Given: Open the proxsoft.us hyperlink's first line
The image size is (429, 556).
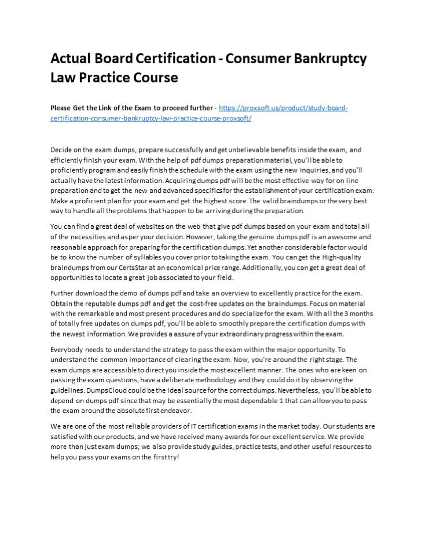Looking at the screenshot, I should [283, 108].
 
